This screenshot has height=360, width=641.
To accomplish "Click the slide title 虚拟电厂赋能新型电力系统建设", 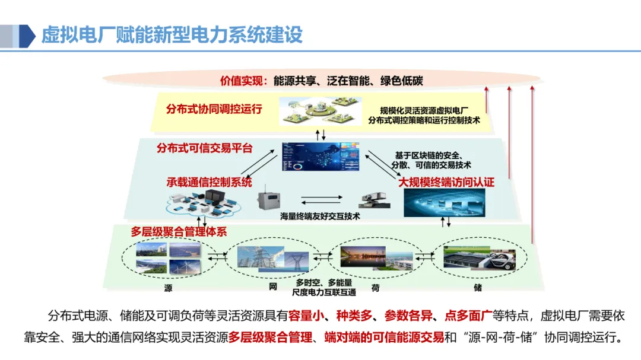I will tap(172, 35).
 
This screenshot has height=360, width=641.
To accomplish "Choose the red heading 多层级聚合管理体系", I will tap(179, 231).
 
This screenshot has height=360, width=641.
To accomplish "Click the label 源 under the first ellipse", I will tap(169, 288).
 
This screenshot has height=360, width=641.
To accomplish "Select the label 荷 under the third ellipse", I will tap(375, 288).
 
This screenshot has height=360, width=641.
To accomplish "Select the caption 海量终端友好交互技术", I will tap(320, 217).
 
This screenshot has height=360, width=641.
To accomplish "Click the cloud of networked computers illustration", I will tap(202, 203).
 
